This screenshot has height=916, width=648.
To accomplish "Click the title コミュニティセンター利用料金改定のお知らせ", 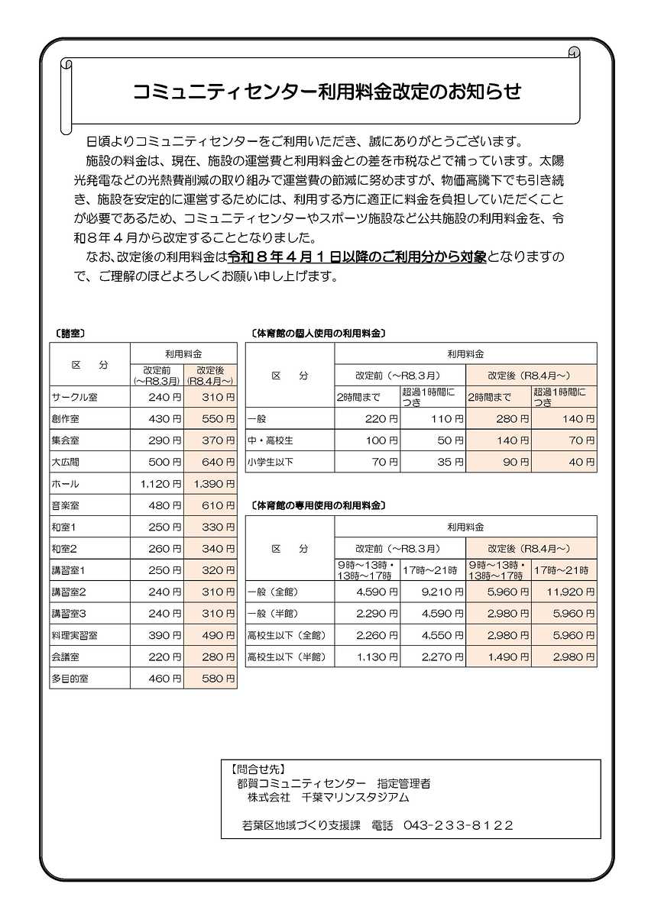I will (x=327, y=92).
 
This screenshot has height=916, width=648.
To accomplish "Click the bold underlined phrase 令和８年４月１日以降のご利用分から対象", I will (x=358, y=257).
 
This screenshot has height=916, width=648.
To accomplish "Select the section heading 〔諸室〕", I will (x=69, y=334).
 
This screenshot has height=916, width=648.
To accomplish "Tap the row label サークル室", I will (x=75, y=398).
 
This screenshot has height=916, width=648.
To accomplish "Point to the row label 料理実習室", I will (x=75, y=635).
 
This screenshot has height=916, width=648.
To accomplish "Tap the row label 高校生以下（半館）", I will (x=286, y=656).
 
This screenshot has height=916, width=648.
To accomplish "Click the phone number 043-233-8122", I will (x=458, y=825).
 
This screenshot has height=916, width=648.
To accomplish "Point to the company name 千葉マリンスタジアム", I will (x=355, y=798).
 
